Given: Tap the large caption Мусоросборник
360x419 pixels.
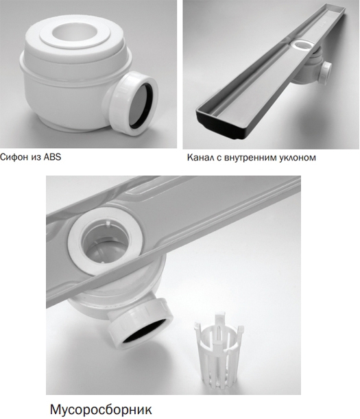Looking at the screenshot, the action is point(101,409).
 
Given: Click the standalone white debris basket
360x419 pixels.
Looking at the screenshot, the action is point(218,349).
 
